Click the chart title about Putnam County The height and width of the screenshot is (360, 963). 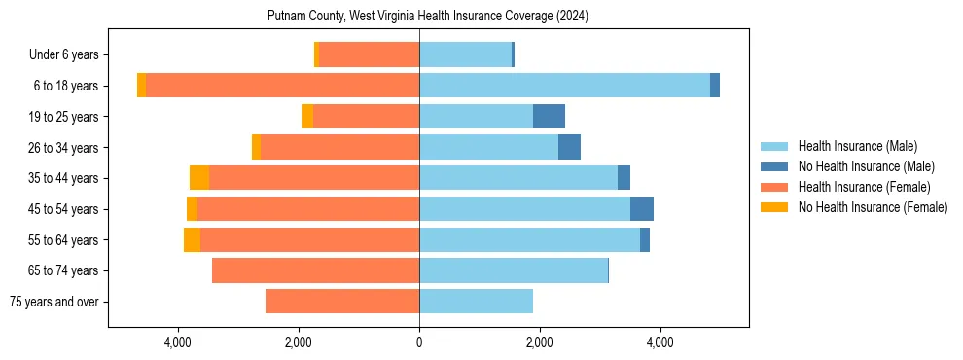pyautogui.click(x=428, y=17)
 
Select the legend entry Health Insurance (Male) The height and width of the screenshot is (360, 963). pyautogui.click(x=856, y=146)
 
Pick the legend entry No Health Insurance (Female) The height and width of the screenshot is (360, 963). pyautogui.click(x=873, y=207)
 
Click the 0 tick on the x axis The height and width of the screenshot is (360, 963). pyautogui.click(x=419, y=342)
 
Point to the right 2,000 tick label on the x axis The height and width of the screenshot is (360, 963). pyautogui.click(x=540, y=342)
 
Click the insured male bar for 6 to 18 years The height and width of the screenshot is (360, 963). pyautogui.click(x=564, y=86)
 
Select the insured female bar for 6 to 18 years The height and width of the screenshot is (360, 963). pyautogui.click(x=282, y=86)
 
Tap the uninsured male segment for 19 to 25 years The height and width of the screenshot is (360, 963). pyautogui.click(x=549, y=117)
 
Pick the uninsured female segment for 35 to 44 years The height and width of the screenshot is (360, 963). pyautogui.click(x=199, y=178)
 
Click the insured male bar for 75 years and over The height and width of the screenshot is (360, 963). pyautogui.click(x=476, y=302)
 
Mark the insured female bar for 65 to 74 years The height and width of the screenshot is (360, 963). pyautogui.click(x=315, y=270)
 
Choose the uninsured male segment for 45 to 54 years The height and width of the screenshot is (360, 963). pyautogui.click(x=642, y=209)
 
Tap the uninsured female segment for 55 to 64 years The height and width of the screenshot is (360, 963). pyautogui.click(x=192, y=240)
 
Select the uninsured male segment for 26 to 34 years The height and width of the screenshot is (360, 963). pyautogui.click(x=569, y=147)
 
